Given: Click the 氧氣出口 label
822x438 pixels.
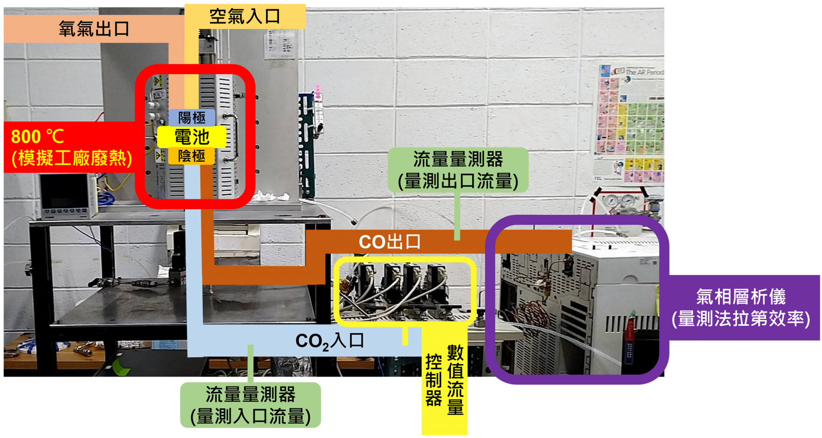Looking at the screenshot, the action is tap(94, 29).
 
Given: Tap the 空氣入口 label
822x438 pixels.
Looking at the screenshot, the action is tap(245, 16).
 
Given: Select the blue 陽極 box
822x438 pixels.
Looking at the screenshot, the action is tap(192, 118).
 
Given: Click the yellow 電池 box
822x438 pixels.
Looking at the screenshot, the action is tap(192, 137).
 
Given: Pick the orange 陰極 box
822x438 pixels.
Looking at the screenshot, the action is tap(192, 156).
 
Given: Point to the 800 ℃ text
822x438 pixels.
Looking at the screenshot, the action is tap(38, 137).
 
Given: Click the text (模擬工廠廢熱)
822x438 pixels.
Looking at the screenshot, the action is tap(72, 159).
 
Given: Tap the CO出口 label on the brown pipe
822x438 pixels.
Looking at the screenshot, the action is tap(390, 242).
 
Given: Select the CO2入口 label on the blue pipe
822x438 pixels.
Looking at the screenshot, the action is tap(329, 341).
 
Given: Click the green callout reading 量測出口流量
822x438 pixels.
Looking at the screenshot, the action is tap(458, 170).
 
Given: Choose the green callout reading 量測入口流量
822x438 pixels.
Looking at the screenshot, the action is tap(251, 405).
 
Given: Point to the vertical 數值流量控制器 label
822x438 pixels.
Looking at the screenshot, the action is tap(444, 380).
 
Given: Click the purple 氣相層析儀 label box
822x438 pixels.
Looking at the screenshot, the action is tap(741, 307).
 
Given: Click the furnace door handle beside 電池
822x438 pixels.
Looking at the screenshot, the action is tap(233, 138).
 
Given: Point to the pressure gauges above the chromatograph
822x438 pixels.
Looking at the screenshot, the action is tap(619, 200).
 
